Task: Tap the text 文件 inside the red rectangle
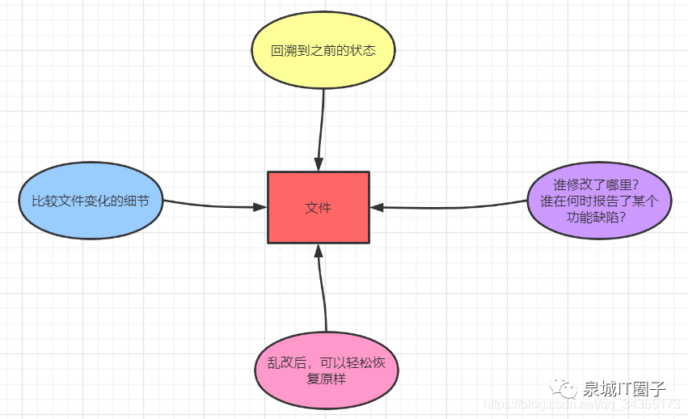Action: (319, 208)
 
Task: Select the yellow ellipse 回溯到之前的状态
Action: (323, 49)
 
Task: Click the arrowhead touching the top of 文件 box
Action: (319, 164)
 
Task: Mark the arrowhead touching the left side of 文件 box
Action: (260, 207)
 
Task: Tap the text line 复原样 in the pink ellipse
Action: (326, 379)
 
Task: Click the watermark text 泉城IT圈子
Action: (624, 389)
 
